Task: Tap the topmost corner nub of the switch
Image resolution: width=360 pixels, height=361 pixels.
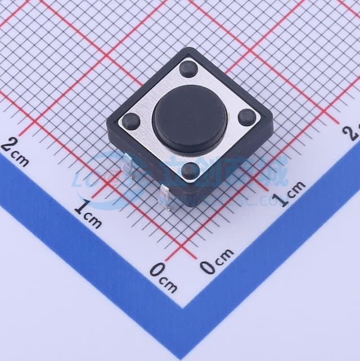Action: click(188, 70)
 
